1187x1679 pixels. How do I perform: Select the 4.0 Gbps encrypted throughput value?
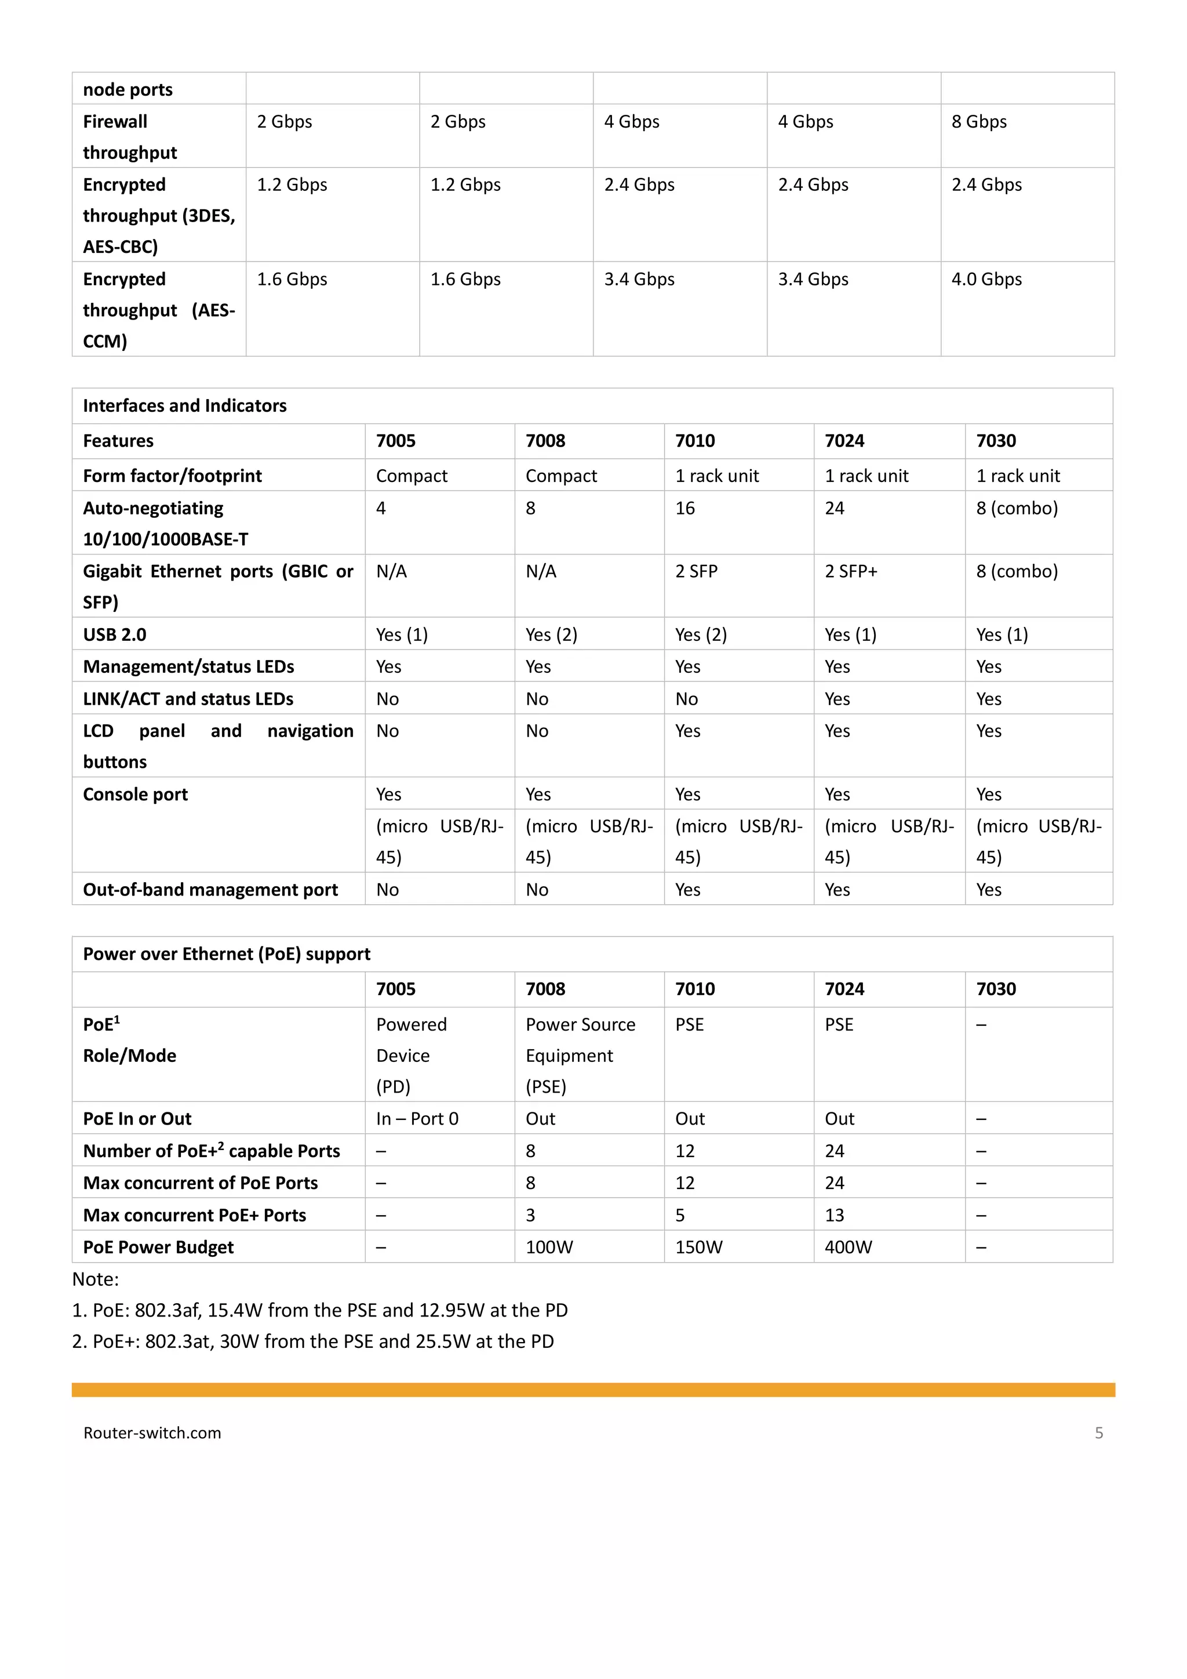click(x=986, y=280)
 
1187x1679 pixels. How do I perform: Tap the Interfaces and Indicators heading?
click(x=184, y=406)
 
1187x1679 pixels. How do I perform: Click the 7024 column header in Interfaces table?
click(x=844, y=441)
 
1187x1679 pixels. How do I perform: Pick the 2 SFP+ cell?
click(x=851, y=571)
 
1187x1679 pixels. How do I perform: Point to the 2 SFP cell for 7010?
click(x=696, y=571)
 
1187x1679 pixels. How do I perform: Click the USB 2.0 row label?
click(x=115, y=634)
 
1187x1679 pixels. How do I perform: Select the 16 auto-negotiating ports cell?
click(x=685, y=508)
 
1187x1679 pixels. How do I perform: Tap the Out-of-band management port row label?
click(x=210, y=890)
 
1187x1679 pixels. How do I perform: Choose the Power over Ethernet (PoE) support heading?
click(x=227, y=954)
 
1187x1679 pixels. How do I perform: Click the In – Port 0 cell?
click(x=417, y=1119)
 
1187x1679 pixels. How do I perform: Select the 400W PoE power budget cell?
click(x=848, y=1248)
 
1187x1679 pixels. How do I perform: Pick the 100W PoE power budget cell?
click(x=549, y=1248)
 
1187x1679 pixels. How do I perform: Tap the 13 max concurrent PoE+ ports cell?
click(x=834, y=1216)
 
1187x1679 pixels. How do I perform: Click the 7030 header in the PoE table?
click(x=996, y=989)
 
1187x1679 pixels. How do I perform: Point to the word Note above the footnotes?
click(x=95, y=1280)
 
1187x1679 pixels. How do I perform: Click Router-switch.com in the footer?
click(x=152, y=1433)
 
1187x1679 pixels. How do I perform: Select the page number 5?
click(x=1098, y=1433)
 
